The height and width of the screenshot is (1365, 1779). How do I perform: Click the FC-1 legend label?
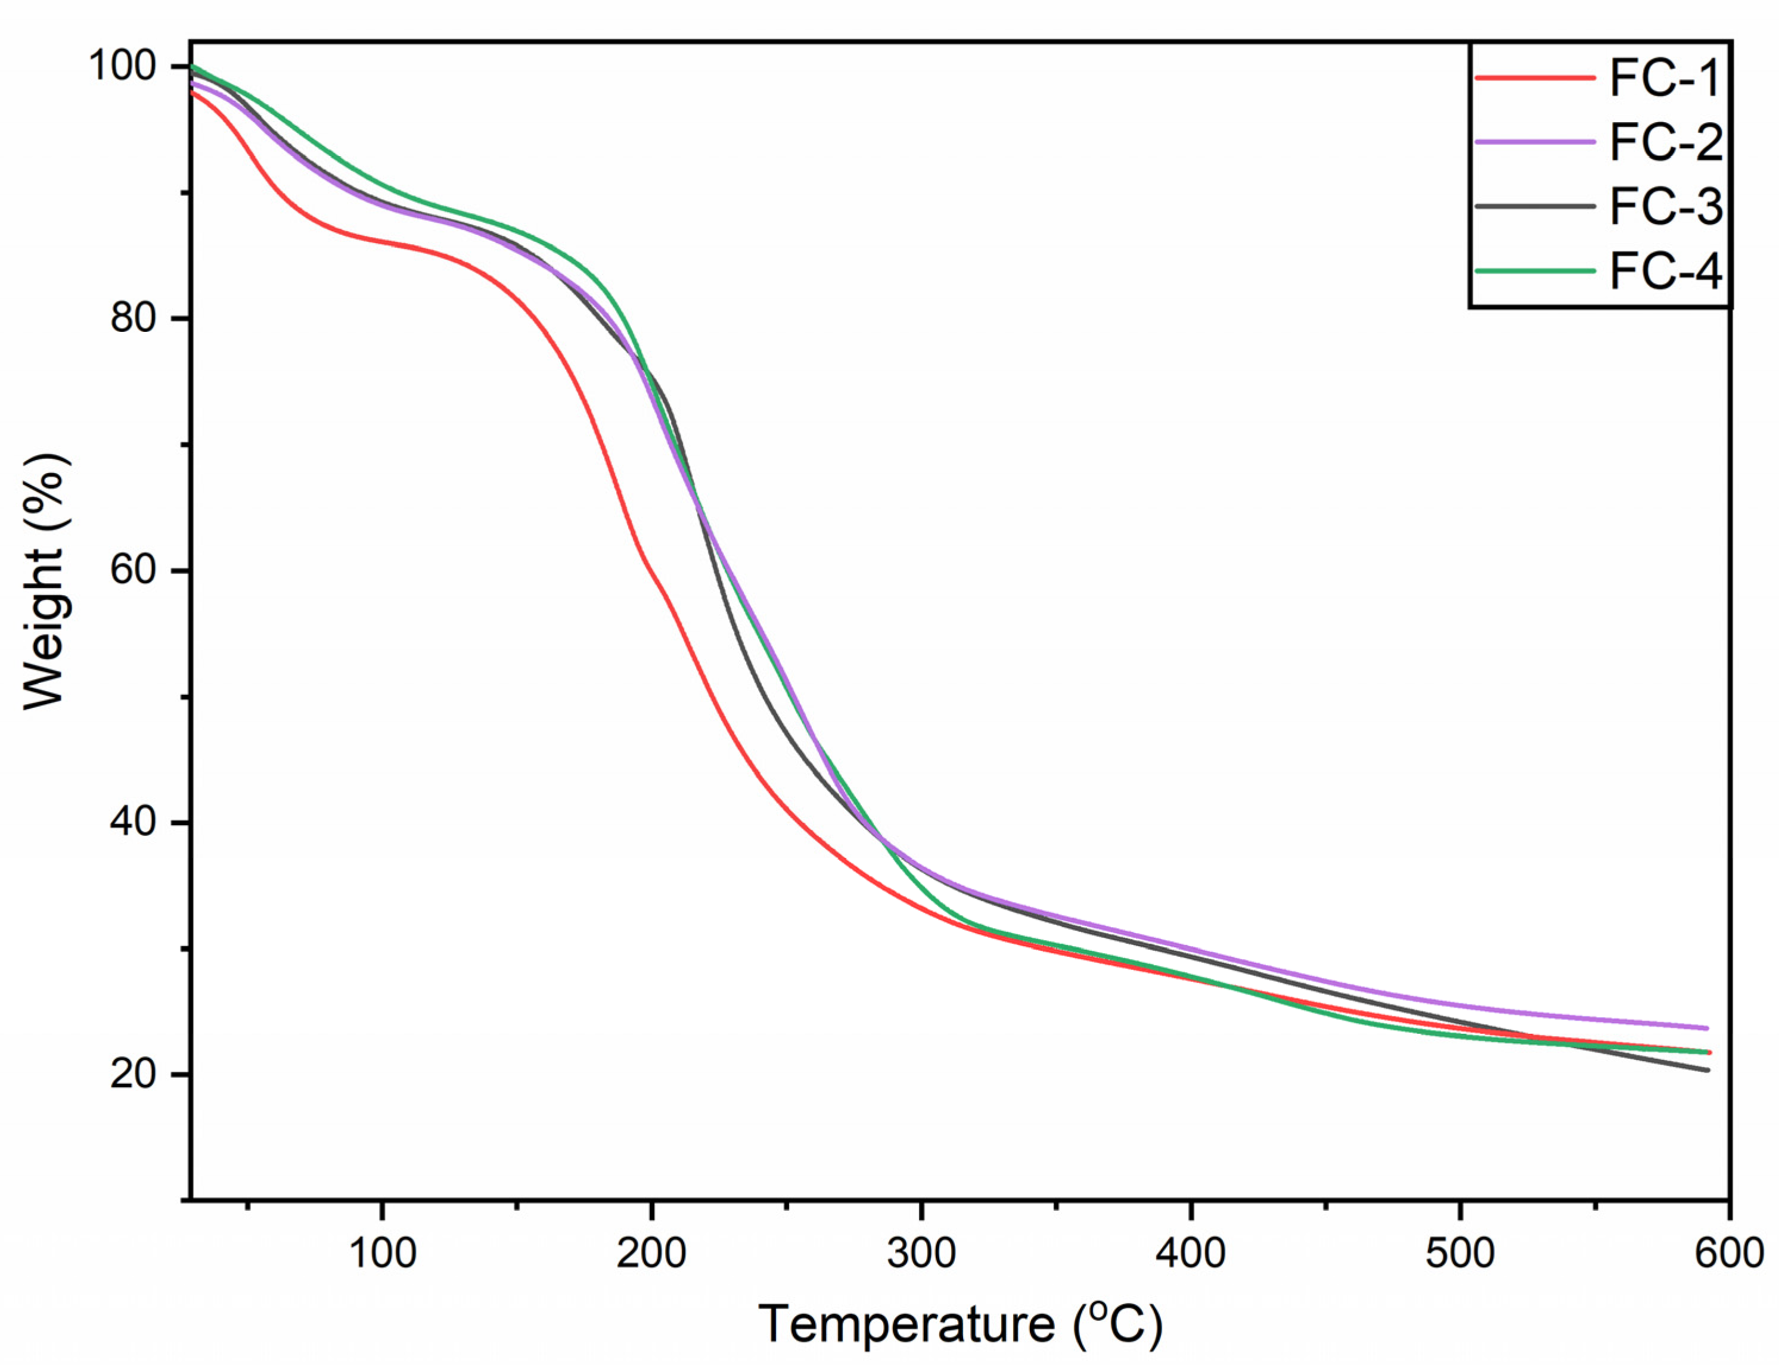point(1665,79)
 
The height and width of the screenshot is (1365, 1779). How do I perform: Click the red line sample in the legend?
point(1535,78)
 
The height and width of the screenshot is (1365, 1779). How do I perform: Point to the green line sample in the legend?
point(1535,270)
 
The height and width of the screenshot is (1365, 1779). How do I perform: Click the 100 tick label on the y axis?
point(122,65)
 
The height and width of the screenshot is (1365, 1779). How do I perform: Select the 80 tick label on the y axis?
point(132,318)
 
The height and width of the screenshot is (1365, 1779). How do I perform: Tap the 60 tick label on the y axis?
point(132,570)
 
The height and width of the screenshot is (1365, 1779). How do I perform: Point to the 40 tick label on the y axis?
point(132,822)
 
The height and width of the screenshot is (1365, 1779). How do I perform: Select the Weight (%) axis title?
point(45,582)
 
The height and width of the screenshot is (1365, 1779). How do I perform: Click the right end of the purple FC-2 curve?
point(1707,1028)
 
